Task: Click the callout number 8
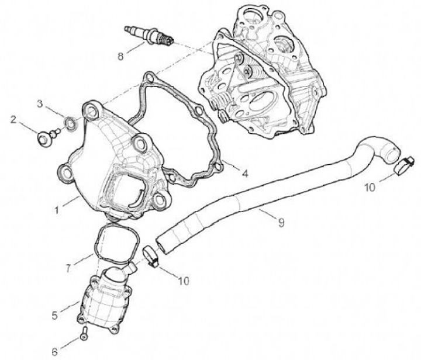(121, 57)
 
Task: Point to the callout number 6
(54, 351)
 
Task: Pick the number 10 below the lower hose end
(183, 281)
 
